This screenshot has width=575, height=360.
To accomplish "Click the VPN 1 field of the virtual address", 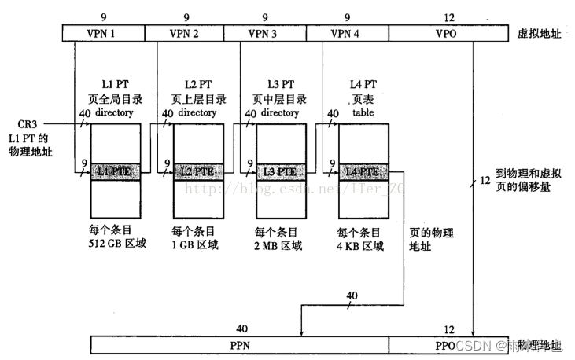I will click(103, 33).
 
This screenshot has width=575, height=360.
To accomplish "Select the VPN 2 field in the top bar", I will click(185, 33).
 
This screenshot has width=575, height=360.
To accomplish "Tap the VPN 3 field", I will click(266, 33).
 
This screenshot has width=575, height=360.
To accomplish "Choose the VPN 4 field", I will click(348, 33).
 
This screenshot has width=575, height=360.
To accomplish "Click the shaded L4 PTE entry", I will click(359, 171).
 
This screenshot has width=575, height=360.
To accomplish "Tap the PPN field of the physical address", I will click(240, 345).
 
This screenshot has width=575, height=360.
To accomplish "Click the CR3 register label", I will click(27, 124).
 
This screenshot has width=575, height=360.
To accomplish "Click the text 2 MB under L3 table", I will click(266, 245).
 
